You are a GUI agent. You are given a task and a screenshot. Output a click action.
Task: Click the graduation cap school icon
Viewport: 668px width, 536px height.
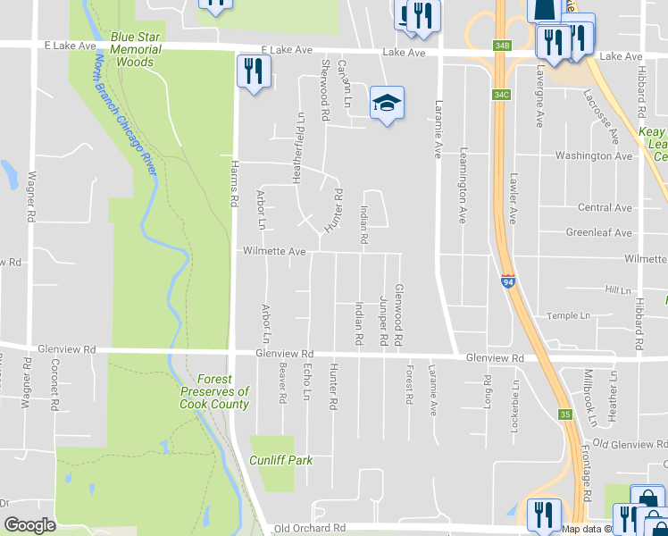point(387,104)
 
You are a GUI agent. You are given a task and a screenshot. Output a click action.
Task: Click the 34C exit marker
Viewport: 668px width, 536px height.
point(501,94)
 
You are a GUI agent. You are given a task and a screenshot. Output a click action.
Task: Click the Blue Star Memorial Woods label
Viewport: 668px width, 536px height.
point(137,50)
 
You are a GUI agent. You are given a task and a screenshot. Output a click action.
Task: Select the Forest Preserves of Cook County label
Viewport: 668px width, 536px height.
point(214,390)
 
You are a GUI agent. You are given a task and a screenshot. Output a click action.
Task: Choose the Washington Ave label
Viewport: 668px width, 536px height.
point(593,155)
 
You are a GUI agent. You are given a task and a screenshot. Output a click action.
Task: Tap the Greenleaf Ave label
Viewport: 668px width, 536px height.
point(598,233)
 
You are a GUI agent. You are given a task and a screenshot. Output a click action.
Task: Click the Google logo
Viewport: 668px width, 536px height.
point(30,525)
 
